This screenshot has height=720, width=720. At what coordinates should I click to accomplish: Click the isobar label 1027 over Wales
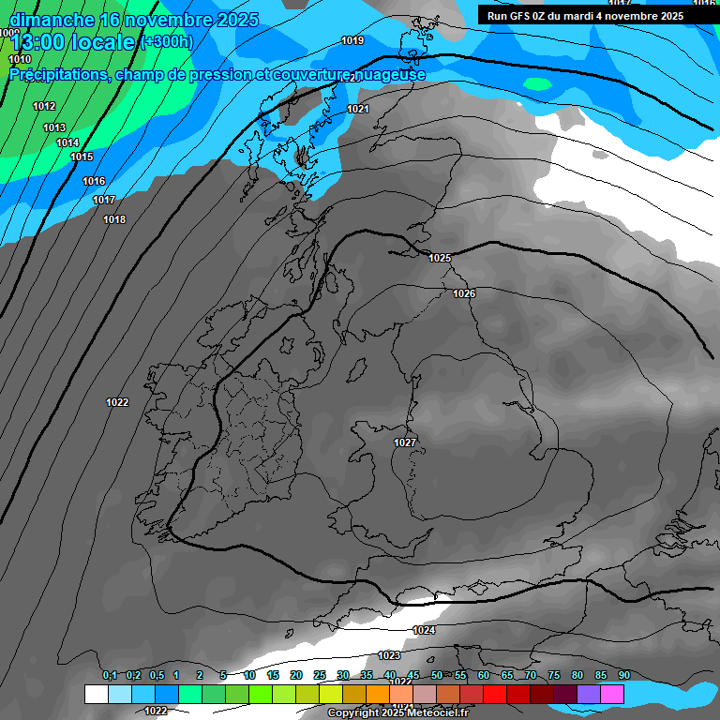405,442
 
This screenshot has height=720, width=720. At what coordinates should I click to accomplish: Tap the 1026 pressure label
464,294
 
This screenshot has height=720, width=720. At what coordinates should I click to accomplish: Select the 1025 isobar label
440,258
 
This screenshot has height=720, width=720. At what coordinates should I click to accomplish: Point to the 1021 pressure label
357,110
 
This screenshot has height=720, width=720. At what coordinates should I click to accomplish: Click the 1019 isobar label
352,40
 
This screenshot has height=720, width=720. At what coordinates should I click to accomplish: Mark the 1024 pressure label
424,631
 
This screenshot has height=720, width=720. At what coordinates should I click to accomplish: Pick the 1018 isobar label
114,219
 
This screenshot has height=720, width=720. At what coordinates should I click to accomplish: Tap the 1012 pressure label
44,107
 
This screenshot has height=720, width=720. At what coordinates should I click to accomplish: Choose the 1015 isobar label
82,157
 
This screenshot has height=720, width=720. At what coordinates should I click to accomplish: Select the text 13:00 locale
73,41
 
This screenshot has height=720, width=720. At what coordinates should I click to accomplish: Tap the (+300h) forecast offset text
166,41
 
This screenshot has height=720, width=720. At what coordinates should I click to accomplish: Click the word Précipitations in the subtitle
59,75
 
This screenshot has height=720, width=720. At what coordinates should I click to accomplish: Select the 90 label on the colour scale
624,675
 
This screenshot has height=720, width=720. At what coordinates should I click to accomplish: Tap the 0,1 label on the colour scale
110,675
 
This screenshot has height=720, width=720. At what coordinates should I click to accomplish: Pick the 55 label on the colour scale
460,675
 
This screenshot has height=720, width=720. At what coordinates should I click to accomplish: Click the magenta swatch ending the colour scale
612,694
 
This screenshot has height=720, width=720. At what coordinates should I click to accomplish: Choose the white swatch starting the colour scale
96,694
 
